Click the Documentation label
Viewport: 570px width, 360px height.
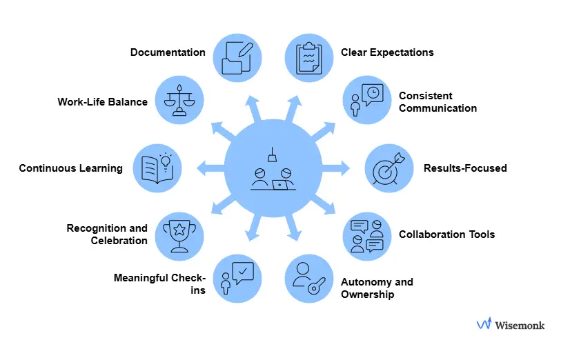[x=168, y=52]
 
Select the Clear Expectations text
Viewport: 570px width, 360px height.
[x=387, y=52]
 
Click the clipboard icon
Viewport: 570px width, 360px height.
[x=308, y=58]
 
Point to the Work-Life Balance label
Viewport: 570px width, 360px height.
[x=102, y=102]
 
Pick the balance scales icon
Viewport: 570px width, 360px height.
[x=179, y=101]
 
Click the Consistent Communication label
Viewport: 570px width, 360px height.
[x=438, y=102]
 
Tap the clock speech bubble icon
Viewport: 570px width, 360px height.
[x=366, y=101]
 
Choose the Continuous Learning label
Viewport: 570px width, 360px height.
[x=70, y=168]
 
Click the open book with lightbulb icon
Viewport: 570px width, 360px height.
[x=156, y=168]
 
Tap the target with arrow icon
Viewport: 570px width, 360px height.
[x=387, y=168]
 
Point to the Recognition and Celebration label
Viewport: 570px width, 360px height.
[x=107, y=234]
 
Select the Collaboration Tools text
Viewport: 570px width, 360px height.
[x=446, y=234]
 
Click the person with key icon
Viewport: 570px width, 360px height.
[x=308, y=279]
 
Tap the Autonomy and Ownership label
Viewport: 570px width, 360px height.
[x=377, y=288]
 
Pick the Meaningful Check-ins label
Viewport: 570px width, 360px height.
[x=159, y=284]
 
